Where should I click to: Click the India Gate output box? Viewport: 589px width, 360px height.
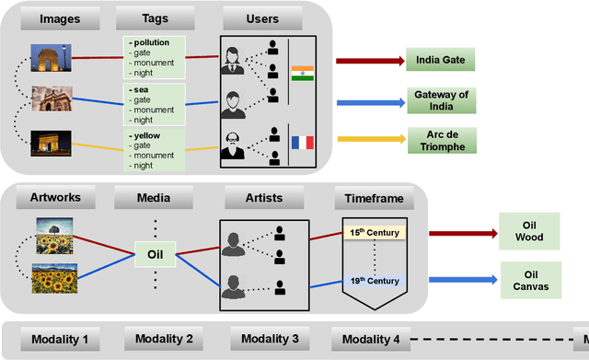pyautogui.click(x=442, y=62)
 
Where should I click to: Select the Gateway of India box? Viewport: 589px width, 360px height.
pyautogui.click(x=442, y=100)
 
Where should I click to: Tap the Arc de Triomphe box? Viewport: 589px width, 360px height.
pyautogui.click(x=442, y=140)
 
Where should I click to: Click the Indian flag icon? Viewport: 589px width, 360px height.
pyautogui.click(x=303, y=73)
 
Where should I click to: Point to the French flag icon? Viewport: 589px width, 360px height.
pyautogui.click(x=303, y=142)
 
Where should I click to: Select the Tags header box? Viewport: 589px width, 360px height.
pyautogui.click(x=155, y=19)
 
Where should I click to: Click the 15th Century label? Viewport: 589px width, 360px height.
pyautogui.click(x=374, y=232)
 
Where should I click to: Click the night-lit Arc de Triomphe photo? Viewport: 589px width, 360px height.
pyautogui.click(x=52, y=144)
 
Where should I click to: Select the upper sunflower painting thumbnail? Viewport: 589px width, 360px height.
pyautogui.click(x=55, y=233)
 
